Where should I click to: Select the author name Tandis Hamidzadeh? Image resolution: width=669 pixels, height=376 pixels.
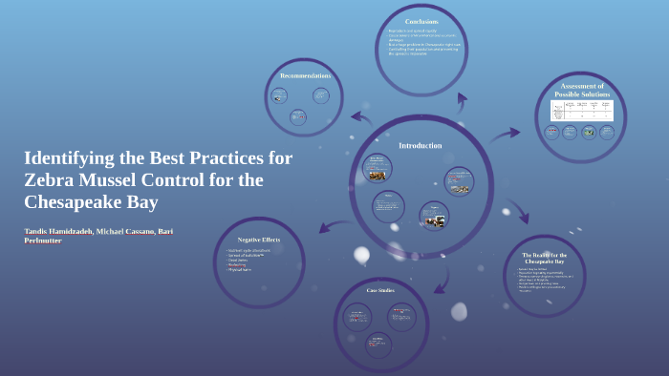coord(63,231)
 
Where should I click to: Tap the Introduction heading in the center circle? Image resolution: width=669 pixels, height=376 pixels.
coord(421,145)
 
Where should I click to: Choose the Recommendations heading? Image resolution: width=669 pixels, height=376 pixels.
coord(305,75)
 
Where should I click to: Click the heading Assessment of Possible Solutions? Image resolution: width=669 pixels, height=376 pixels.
coord(581,90)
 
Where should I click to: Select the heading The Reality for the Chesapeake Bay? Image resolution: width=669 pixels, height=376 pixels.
coord(545,258)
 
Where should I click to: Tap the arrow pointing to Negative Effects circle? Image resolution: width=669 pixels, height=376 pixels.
coord(327,226)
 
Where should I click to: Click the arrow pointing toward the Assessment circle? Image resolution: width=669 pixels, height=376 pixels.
coord(505,136)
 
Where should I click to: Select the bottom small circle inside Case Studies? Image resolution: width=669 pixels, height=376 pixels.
coord(378,344)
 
